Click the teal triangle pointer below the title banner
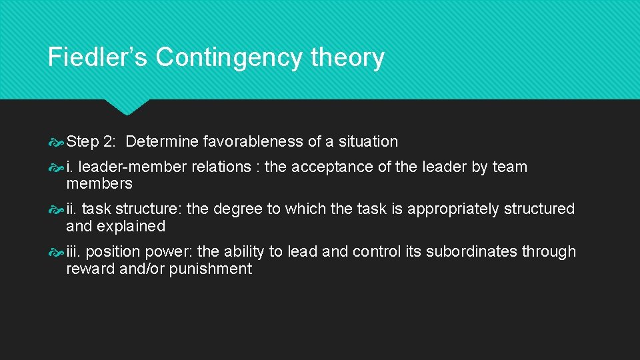point(127,106)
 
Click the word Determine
point(161,141)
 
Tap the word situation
point(368,141)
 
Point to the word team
point(510,167)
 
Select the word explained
point(131,227)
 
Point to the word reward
point(90,269)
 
